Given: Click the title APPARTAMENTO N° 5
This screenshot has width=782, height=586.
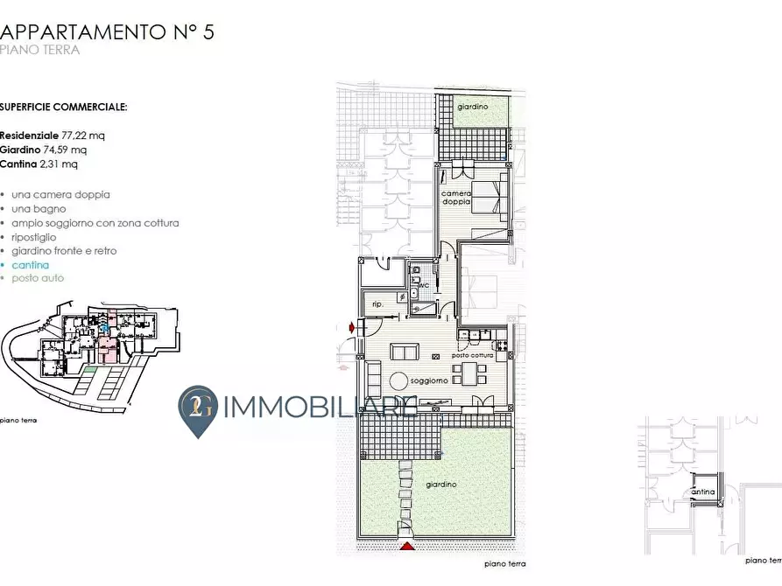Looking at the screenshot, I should click(x=107, y=32).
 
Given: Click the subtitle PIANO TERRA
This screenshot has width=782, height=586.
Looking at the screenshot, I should click(x=40, y=50).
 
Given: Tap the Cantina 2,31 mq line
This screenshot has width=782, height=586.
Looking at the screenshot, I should click(x=39, y=164).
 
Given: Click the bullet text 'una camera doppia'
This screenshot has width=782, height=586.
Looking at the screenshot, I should click(x=60, y=194).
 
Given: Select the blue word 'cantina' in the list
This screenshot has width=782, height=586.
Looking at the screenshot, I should click(x=31, y=264).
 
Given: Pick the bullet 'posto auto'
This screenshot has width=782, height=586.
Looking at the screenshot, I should click(x=38, y=278).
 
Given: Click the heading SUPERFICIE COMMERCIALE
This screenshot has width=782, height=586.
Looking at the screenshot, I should click(x=63, y=107).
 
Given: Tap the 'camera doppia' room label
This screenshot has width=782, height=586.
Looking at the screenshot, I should click(x=456, y=198).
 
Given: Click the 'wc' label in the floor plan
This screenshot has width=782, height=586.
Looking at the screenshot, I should click(x=423, y=285).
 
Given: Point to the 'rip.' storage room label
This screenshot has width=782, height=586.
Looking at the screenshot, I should click(x=378, y=304).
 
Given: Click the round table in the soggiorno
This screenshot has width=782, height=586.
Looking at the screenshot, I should click(x=398, y=380).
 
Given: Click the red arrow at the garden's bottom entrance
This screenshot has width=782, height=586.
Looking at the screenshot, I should click(x=405, y=547).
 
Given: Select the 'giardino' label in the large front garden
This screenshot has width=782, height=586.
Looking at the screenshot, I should click(x=440, y=484).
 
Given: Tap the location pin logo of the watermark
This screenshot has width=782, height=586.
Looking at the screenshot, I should click(x=198, y=409).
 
